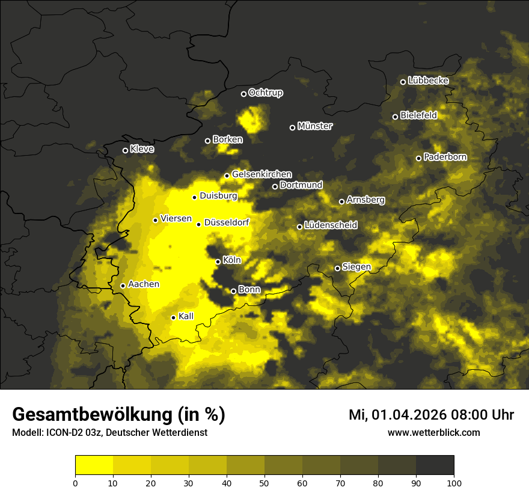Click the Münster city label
click(315, 126)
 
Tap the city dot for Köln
click(218, 262)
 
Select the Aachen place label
click(144, 284)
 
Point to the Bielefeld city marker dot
click(396, 117)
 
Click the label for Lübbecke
click(428, 81)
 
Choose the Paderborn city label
click(445, 157)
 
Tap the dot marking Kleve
click(126, 150)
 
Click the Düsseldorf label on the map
click(226, 222)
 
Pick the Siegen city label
click(356, 266)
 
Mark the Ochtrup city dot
click(244, 94)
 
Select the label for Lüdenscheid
click(331, 225)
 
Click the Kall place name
click(186, 316)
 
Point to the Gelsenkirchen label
click(261, 174)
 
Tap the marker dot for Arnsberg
click(341, 201)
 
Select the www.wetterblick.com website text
click(434, 432)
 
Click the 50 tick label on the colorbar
click(264, 483)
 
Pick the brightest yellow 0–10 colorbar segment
click(94, 465)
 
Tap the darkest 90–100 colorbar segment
click(435, 465)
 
